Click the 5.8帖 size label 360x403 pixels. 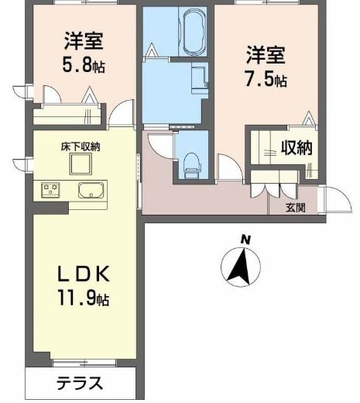(x=84, y=66)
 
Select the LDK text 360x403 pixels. (x=85, y=274)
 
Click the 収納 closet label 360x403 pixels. (x=296, y=148)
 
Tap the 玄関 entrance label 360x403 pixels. (x=295, y=207)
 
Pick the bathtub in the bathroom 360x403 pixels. (x=191, y=33)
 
